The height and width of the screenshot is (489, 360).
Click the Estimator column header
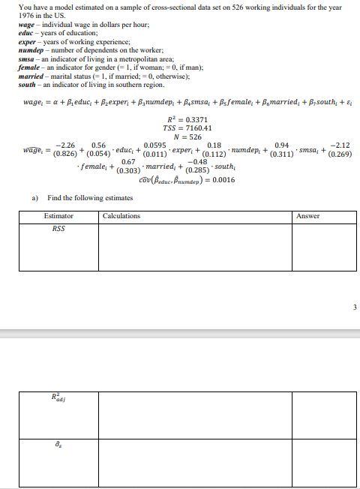point(58,216)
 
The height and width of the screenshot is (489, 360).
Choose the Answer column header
point(307,216)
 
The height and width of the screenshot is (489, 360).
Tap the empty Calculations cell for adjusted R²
point(194,413)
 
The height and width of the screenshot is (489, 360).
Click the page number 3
point(352,306)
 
